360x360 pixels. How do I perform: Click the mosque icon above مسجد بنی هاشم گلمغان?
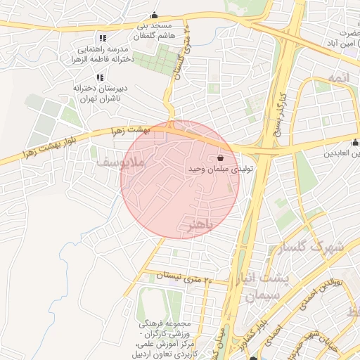click(154, 14)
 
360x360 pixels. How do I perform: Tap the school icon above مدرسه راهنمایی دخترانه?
click(103, 38)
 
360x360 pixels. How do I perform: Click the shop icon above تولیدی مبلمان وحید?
click(222, 158)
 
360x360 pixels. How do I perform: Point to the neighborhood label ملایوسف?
click(122, 162)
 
